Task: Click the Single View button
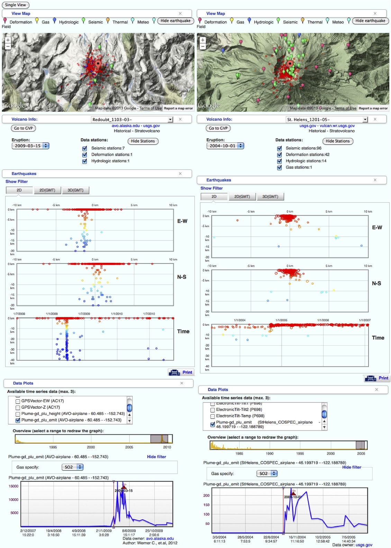(x=16, y=5)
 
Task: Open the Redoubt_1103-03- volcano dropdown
(x=170, y=120)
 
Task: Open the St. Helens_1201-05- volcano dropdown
(x=365, y=120)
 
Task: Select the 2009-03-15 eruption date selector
(x=30, y=146)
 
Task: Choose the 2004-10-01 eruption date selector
(x=225, y=146)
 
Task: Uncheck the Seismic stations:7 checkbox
(x=84, y=148)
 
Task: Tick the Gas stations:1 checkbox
(x=279, y=168)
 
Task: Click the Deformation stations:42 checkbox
(x=279, y=155)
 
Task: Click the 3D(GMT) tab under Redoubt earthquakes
(x=75, y=190)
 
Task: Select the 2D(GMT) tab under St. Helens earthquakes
(x=242, y=197)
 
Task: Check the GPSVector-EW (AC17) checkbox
(x=18, y=401)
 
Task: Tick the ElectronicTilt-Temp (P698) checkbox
(x=212, y=416)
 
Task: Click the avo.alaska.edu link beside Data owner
(x=160, y=538)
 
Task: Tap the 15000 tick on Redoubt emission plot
(x=13, y=486)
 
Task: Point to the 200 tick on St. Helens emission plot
(x=207, y=495)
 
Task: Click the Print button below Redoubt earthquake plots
(x=181, y=372)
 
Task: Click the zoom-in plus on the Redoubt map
(x=8, y=40)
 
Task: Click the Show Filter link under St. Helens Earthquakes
(x=211, y=188)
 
